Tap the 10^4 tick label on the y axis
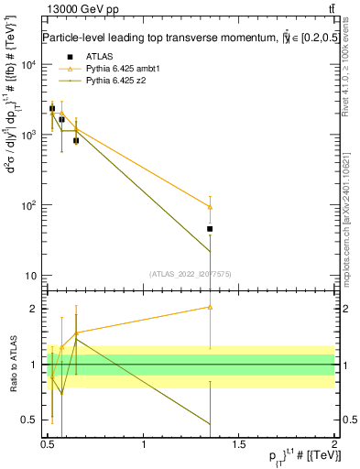pyautogui.click(x=29, y=65)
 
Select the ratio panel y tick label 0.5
pyautogui.click(x=30, y=420)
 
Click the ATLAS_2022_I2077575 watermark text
pyautogui.click(x=191, y=273)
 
